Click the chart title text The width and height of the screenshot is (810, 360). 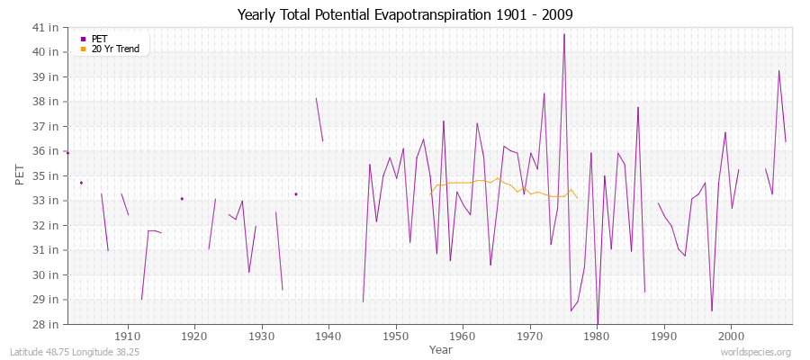[405, 15]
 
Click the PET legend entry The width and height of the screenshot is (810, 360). [99, 39]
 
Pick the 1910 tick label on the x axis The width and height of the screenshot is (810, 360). [128, 336]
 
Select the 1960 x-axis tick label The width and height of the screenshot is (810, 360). [463, 336]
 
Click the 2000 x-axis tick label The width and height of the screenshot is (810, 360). [731, 336]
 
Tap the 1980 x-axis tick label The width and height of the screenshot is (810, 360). [597, 336]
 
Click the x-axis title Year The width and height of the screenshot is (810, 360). [441, 348]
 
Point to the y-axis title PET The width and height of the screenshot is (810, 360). [21, 175]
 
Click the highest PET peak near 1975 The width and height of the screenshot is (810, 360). [564, 35]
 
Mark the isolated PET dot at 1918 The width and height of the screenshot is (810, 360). [182, 198]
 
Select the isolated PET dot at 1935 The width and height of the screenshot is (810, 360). [295, 193]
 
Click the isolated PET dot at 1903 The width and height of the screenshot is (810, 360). [81, 183]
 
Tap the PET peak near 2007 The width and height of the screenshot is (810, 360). [779, 71]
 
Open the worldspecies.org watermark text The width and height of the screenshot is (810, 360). [757, 352]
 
